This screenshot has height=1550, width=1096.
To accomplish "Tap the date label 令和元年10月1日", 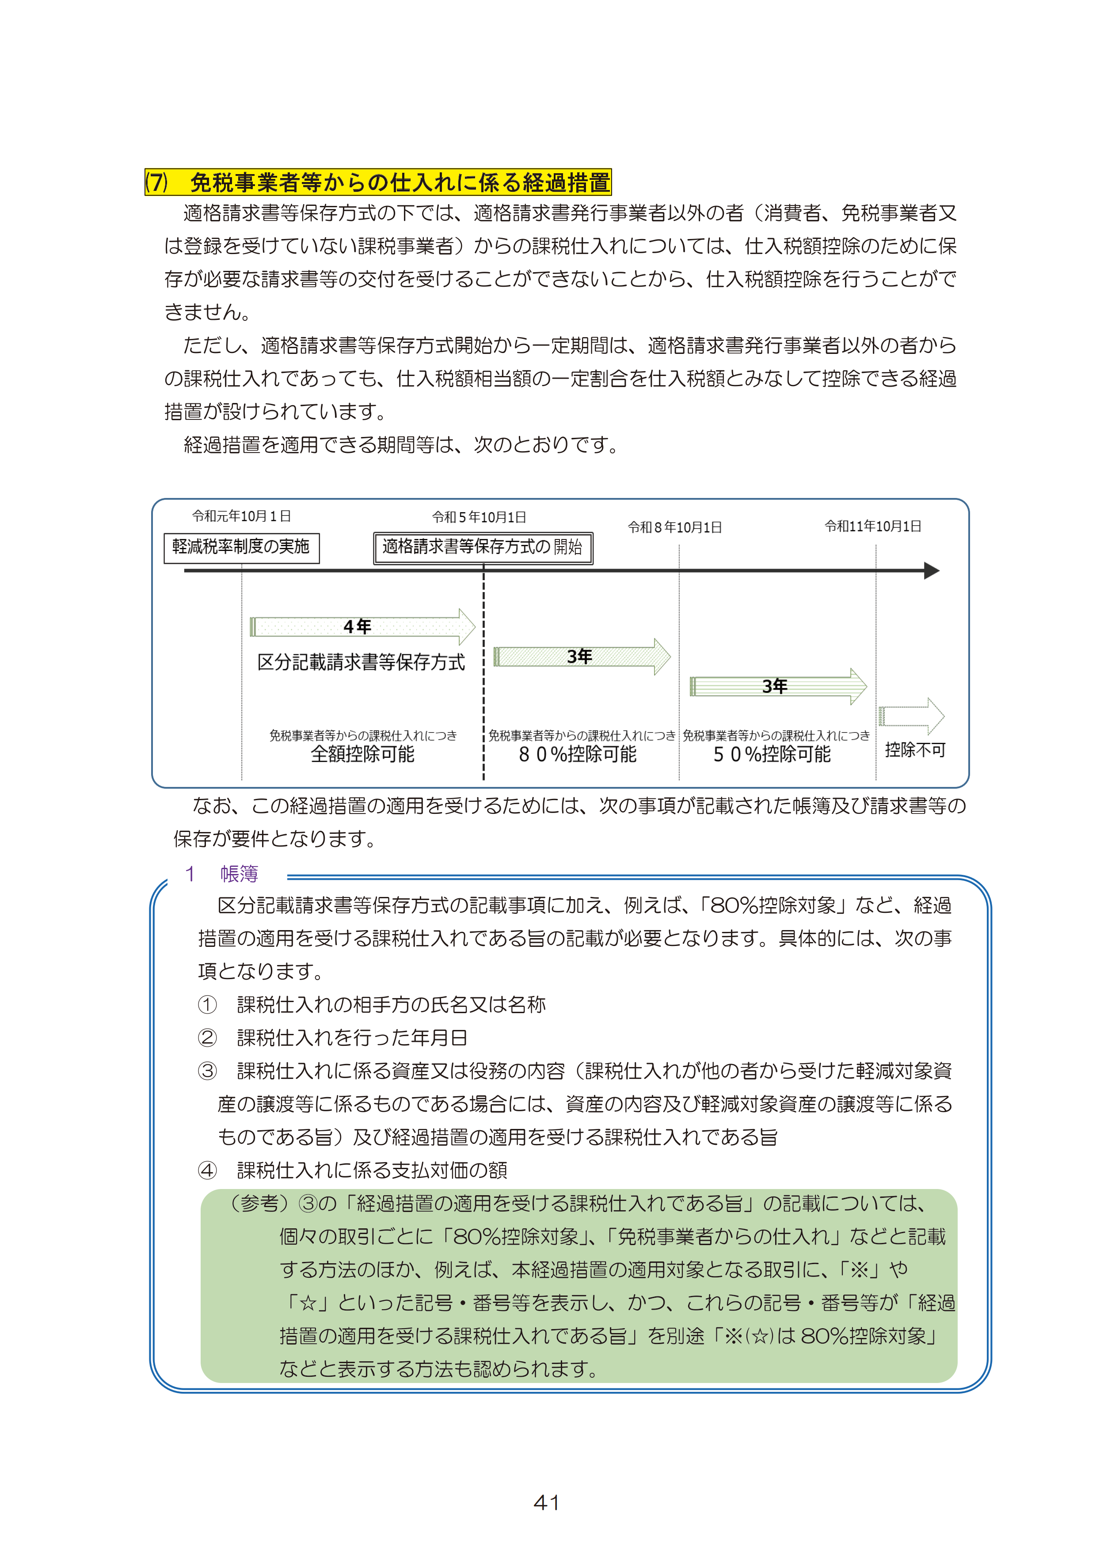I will click(x=241, y=517).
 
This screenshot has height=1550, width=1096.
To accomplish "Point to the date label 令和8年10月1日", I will click(x=675, y=527).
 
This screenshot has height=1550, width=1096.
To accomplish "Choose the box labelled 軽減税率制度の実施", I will click(x=241, y=547).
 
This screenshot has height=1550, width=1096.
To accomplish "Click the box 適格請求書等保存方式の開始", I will click(x=483, y=547).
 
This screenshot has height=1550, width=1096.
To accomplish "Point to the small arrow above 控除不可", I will click(x=912, y=716).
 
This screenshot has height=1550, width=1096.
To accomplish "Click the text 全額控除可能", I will click(x=363, y=754).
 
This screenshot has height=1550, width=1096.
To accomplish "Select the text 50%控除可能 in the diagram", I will click(x=772, y=754).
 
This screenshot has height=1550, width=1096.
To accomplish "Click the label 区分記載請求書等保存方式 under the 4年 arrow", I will click(x=361, y=662).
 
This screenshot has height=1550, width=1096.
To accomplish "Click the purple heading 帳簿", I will click(x=239, y=874).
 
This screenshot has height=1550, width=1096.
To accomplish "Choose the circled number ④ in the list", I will click(x=207, y=1170).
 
